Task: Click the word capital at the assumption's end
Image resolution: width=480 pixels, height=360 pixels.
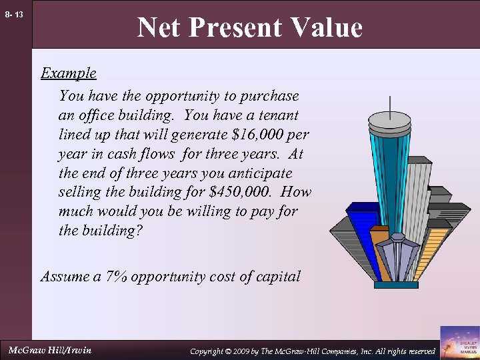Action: [276, 275]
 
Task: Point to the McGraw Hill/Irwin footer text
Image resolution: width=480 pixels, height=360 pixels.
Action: [50, 350]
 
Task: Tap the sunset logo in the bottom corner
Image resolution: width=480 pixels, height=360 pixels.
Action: [459, 342]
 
